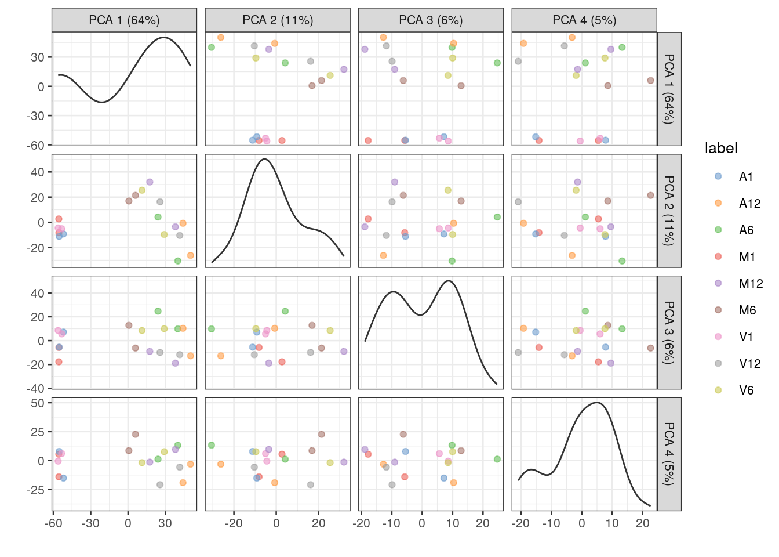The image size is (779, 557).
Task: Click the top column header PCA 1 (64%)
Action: tap(124, 20)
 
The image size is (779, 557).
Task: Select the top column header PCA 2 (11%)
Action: tap(278, 20)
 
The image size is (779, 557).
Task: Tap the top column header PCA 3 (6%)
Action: tap(431, 20)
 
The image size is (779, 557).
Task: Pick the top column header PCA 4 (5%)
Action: tap(584, 20)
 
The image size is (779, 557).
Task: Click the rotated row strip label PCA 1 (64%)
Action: tap(669, 89)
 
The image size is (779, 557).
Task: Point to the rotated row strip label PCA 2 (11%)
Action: tap(669, 211)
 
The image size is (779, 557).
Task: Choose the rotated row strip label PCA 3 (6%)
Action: tap(669, 332)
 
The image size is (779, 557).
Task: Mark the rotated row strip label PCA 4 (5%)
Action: tap(669, 454)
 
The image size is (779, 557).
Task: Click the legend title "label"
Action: tap(721, 149)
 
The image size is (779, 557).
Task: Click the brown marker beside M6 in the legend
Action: tap(718, 310)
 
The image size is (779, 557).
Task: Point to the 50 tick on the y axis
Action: tap(38, 403)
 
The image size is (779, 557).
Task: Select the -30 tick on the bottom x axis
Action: tap(91, 523)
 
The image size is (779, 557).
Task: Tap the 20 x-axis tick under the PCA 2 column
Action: tap(318, 523)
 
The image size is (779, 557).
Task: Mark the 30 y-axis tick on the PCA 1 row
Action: tap(38, 57)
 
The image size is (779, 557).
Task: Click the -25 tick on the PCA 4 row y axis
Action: tap(38, 490)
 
